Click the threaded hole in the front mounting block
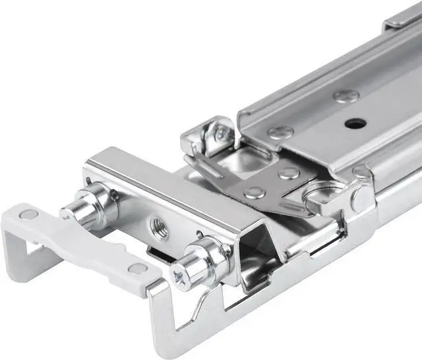click(x=159, y=226)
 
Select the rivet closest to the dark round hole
click(x=346, y=96)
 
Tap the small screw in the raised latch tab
click(x=220, y=135)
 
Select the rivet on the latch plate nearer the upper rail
click(x=288, y=173)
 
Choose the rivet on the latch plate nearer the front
click(x=255, y=193)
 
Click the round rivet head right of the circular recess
click(x=360, y=196)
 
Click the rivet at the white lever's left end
click(x=28, y=214)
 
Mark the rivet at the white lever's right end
click(x=138, y=268)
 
